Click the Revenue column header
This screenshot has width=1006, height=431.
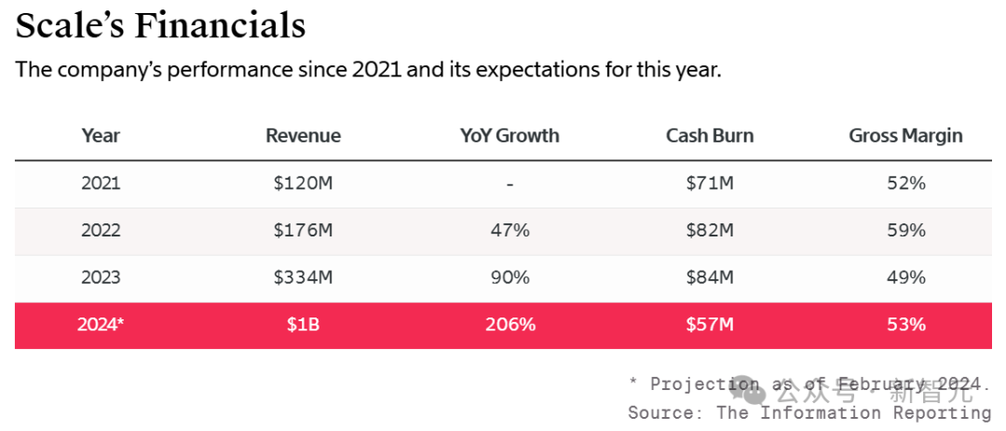(303, 136)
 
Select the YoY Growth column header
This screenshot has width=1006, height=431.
(510, 136)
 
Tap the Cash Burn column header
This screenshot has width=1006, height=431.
(710, 136)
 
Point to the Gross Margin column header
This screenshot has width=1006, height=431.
(905, 136)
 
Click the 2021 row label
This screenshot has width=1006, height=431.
(101, 183)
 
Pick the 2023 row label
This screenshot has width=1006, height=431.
(101, 277)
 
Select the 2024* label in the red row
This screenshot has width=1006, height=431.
(102, 325)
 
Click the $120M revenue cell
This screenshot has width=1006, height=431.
(303, 183)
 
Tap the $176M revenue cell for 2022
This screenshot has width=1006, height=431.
(303, 230)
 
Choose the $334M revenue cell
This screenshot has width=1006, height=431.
(303, 277)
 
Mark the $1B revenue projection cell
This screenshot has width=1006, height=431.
(303, 325)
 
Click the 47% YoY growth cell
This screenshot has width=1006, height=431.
(510, 230)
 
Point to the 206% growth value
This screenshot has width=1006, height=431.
(510, 325)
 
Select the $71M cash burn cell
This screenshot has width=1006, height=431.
(710, 183)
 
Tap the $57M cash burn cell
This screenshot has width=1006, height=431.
(710, 325)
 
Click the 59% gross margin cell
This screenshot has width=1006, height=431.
(905, 230)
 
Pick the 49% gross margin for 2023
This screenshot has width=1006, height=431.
(905, 277)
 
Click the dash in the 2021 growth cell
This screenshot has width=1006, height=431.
(510, 184)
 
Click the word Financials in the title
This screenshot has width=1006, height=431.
(220, 25)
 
